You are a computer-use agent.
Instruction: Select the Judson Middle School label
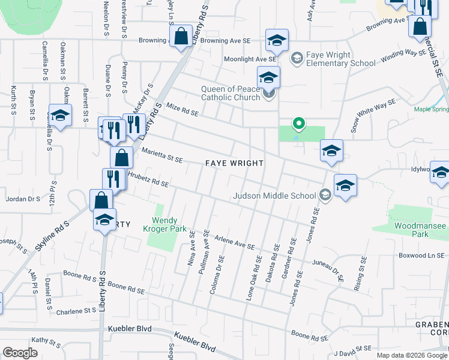[x=274, y=196]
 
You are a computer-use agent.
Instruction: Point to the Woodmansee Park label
[x=412, y=230]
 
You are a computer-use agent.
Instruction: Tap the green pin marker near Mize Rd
[x=298, y=125]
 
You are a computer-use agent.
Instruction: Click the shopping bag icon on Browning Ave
[x=181, y=36]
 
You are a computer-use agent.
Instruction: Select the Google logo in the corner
[x=20, y=353]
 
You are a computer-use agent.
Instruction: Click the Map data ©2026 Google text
[x=412, y=355]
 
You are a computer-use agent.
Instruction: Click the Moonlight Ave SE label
[x=250, y=59]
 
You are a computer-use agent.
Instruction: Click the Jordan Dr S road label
[x=22, y=199]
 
